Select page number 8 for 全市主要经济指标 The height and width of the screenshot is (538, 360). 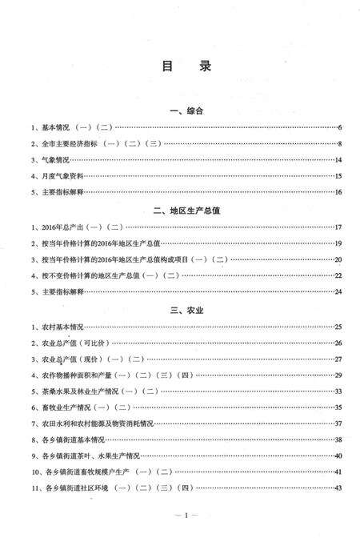(x=340, y=144)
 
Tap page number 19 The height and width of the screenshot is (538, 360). (x=338, y=243)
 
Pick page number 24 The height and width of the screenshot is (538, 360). (x=338, y=291)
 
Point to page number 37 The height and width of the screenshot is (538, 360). (x=338, y=423)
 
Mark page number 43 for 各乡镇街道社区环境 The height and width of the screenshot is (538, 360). (x=338, y=488)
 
